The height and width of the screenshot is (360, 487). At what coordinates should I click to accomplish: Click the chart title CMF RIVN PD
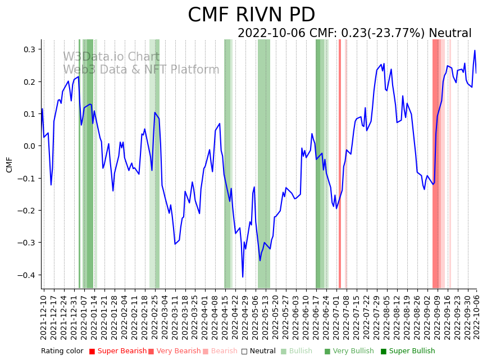click(x=251, y=15)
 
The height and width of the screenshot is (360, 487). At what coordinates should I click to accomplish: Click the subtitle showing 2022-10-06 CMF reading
click(x=354, y=33)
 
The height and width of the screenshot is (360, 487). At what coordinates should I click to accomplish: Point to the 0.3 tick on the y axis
click(x=29, y=49)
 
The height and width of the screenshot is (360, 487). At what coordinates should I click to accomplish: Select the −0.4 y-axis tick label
click(x=27, y=275)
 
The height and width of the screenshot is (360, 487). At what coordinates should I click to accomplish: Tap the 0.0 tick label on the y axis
click(x=29, y=146)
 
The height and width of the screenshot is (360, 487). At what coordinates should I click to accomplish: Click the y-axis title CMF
click(x=10, y=165)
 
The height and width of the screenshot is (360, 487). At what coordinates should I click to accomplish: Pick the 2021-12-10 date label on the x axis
click(x=44, y=317)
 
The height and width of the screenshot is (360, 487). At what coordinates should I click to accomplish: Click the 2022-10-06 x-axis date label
click(x=477, y=317)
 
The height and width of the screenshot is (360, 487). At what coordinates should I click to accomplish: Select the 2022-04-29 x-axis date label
click(x=245, y=317)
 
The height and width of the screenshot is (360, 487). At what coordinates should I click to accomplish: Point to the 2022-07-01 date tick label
click(x=335, y=317)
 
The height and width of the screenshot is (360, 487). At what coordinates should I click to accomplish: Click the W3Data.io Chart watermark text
click(x=111, y=57)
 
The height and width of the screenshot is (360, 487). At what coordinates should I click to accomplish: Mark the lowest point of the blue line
click(x=243, y=277)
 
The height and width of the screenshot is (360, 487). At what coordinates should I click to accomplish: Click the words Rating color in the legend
click(x=62, y=351)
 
